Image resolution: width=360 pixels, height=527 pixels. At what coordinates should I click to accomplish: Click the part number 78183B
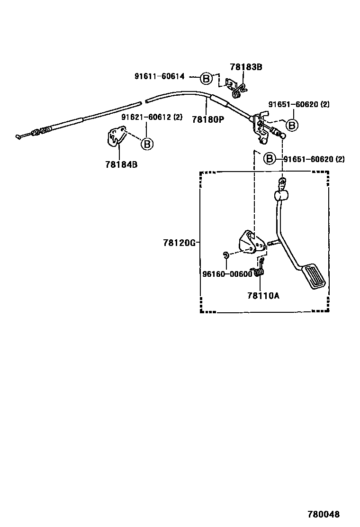pyautogui.click(x=246, y=67)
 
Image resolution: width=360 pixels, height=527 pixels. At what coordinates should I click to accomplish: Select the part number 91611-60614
pyautogui.click(x=159, y=76)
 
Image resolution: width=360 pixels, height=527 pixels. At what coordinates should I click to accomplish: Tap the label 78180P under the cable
pyautogui.click(x=207, y=119)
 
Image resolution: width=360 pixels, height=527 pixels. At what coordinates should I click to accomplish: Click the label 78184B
pyautogui.click(x=121, y=165)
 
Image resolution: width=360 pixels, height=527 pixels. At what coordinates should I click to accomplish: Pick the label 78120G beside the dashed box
pyautogui.click(x=179, y=243)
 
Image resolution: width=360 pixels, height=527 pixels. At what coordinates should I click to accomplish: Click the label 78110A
pyautogui.click(x=263, y=296)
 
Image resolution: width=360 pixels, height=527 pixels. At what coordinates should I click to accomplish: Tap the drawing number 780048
pyautogui.click(x=324, y=514)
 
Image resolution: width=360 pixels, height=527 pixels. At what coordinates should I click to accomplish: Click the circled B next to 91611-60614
pyautogui.click(x=207, y=78)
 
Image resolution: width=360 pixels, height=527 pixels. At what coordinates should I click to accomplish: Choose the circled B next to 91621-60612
pyautogui.click(x=147, y=144)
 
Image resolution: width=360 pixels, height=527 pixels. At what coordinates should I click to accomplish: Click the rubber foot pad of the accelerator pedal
pyautogui.click(x=315, y=277)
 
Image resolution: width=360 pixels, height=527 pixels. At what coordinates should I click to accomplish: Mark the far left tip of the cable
pyautogui.click(x=18, y=137)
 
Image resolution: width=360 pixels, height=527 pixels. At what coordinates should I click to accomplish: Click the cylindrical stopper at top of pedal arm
pyautogui.click(x=281, y=195)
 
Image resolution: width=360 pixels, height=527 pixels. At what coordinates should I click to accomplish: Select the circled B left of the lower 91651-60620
pyautogui.click(x=269, y=158)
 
